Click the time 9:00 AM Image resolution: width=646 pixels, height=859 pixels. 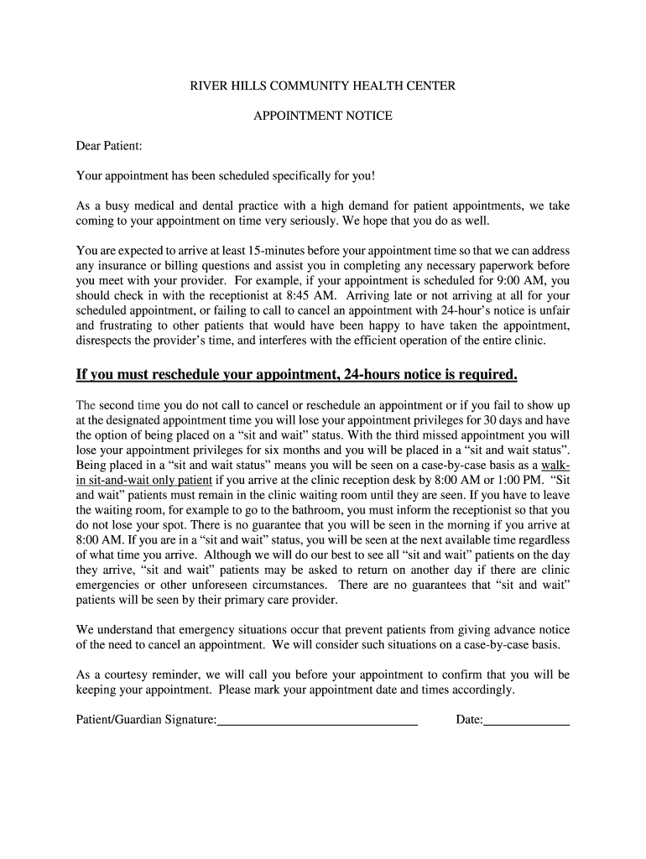(525, 281)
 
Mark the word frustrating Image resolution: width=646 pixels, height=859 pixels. (128, 326)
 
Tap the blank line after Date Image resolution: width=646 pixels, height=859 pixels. (527, 720)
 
